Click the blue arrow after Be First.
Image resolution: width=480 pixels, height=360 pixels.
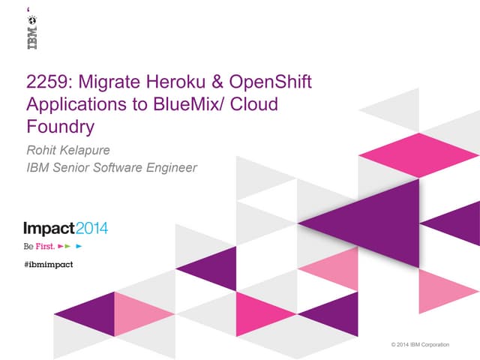click(79, 246)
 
